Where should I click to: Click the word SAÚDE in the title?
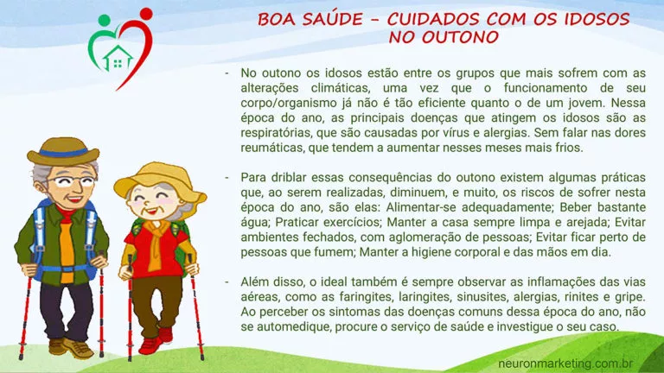click(332, 19)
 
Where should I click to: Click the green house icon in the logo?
click(118, 58)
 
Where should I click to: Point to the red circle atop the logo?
click(146, 14)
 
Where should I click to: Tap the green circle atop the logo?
click(104, 20)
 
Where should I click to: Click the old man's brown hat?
click(63, 151)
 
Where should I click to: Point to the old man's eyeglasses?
click(75, 181)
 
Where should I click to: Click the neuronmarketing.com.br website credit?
click(565, 364)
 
